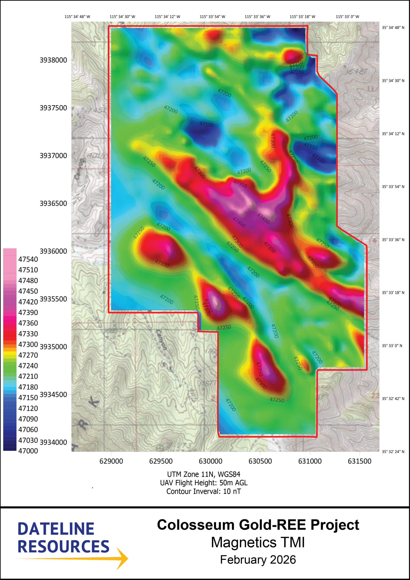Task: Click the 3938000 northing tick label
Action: point(53,60)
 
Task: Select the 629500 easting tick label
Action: point(161,461)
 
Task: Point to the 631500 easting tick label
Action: point(360,461)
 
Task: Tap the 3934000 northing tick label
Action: point(53,442)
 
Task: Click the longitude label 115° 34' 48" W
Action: point(77,17)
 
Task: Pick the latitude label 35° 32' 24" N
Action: point(393,452)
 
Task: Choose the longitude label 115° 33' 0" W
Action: point(347,17)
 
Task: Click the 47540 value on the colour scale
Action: point(28,259)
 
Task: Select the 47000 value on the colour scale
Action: point(28,451)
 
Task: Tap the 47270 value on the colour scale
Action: point(28,355)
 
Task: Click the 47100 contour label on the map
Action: point(319,158)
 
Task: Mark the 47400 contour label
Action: point(239,222)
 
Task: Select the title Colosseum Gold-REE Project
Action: point(258,525)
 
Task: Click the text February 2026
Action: point(258,560)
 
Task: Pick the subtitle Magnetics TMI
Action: point(258,543)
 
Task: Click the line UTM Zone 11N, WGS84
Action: point(204,474)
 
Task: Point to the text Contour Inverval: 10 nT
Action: point(204,491)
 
